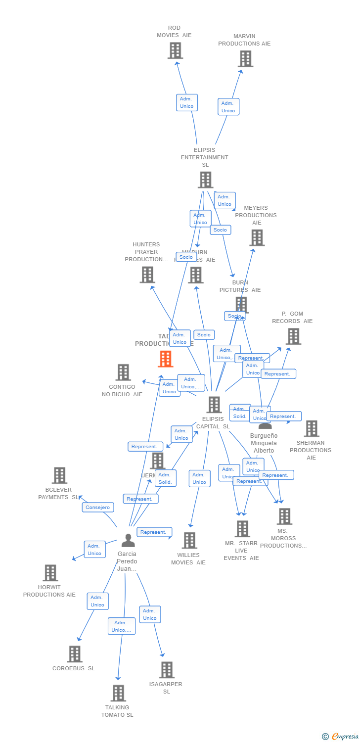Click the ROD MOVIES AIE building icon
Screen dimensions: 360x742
point(175,50)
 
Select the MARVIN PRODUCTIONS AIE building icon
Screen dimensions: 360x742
point(245,59)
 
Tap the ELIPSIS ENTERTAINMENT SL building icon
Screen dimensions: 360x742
point(205,180)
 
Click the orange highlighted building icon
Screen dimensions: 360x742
point(165,359)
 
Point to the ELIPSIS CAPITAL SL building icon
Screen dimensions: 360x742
point(214,405)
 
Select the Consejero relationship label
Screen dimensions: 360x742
point(98,508)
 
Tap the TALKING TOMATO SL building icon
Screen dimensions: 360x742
point(118,693)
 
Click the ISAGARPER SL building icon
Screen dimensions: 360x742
point(167,670)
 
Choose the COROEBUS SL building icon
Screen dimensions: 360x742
point(74,654)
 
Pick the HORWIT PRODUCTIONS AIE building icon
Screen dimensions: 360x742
point(50,573)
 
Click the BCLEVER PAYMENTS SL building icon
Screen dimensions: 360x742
point(59,475)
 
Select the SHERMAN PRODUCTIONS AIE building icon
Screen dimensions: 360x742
point(311,428)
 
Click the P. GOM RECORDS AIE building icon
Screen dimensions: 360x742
point(293,336)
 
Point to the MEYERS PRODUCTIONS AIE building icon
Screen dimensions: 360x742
point(257,238)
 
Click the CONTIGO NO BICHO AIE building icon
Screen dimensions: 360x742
point(123,372)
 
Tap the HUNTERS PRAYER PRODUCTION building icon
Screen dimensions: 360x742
point(147,275)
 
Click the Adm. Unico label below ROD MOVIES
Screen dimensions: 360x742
point(187,102)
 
